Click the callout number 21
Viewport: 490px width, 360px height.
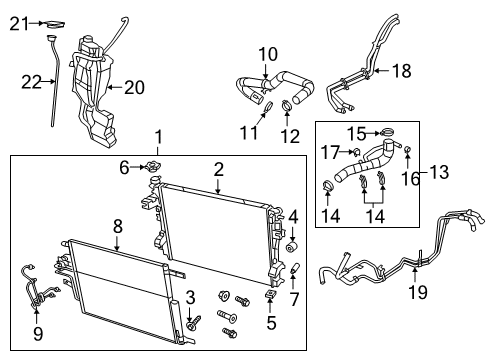pos(14,23)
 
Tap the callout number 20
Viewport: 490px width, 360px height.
pos(135,87)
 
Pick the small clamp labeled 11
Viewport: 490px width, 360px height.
pos(268,107)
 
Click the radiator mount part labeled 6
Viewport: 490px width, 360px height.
pos(152,169)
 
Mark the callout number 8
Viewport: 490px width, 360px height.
pos(117,226)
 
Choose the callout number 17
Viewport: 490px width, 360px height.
pos(331,150)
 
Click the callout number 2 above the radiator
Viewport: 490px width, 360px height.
pos(217,169)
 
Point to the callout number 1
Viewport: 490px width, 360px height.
pos(157,135)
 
